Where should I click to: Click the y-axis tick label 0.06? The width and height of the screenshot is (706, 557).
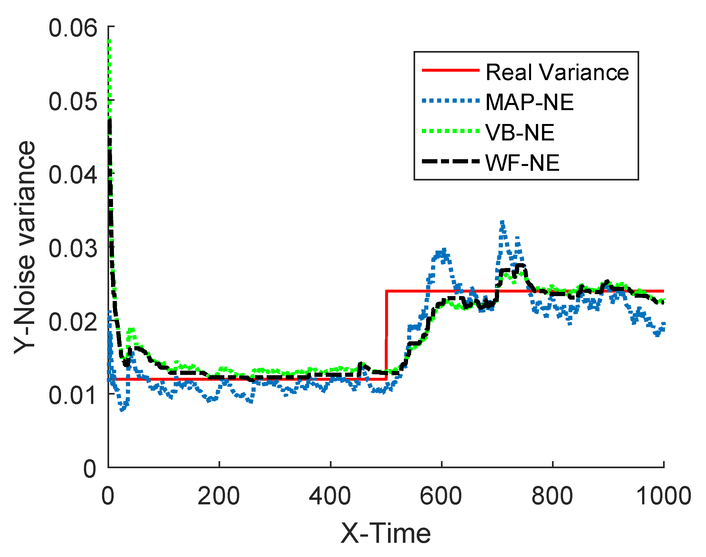[73, 28]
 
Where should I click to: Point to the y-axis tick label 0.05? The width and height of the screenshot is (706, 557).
[73, 102]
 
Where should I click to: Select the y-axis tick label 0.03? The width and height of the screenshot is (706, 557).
[73, 249]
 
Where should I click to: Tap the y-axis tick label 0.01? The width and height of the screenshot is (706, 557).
[73, 396]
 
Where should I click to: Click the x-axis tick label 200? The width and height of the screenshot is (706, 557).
[219, 496]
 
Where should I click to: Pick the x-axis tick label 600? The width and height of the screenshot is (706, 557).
[441, 496]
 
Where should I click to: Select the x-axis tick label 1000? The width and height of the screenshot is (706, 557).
[664, 496]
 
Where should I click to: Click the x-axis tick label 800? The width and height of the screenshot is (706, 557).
[552, 496]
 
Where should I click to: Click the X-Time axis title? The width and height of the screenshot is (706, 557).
[385, 534]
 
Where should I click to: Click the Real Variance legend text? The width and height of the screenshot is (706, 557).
[557, 72]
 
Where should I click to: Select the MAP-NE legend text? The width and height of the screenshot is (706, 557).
[529, 103]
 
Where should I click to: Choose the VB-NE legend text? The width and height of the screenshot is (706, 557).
[519, 133]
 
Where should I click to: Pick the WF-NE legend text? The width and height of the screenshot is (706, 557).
[522, 163]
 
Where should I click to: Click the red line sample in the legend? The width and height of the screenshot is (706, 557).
[450, 70]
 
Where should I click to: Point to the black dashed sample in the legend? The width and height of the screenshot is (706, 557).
[450, 161]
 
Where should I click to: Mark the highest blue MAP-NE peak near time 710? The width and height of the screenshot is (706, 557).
[502, 223]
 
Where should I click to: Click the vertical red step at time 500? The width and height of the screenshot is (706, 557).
[386, 336]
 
